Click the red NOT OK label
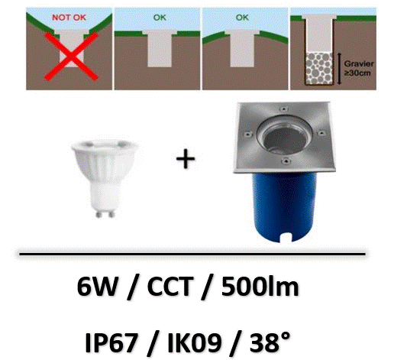[69, 18]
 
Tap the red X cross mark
[72, 57]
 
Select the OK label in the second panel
[160, 18]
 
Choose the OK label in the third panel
[242, 18]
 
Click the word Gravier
[359, 63]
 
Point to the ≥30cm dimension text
[357, 73]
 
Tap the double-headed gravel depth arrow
[339, 69]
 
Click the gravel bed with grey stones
[319, 68]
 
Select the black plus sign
[186, 159]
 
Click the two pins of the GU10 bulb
[105, 213]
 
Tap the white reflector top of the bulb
[105, 144]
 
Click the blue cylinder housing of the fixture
[284, 206]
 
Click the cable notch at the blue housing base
[286, 238]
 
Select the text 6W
[97, 287]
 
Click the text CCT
[169, 287]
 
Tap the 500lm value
[260, 287]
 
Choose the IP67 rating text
[111, 342]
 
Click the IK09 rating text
[194, 342]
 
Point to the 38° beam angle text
[270, 342]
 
